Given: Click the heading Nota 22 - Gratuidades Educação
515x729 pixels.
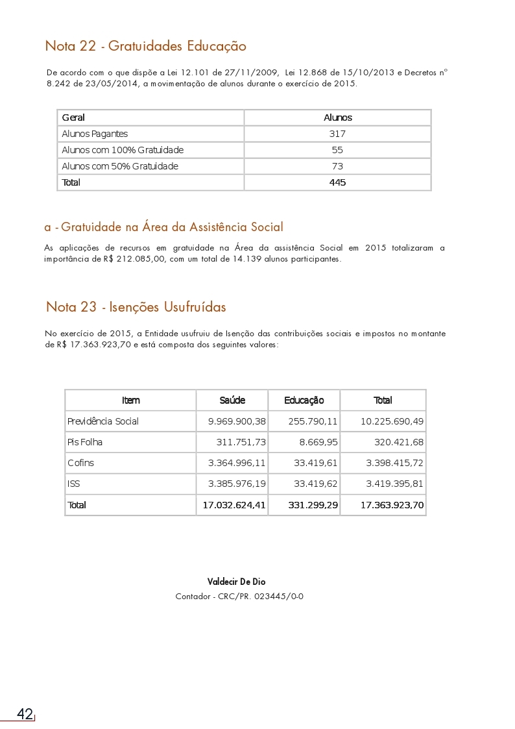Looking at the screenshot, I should [145, 46].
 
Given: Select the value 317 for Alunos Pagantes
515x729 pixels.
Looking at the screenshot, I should [337, 134].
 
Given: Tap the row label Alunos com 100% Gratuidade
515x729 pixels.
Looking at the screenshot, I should [123, 150].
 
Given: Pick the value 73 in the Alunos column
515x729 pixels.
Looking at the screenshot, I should [337, 166].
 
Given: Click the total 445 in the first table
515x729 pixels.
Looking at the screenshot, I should [337, 182].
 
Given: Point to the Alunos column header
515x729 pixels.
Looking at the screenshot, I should [337, 117].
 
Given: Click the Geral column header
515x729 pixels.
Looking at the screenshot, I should [73, 117].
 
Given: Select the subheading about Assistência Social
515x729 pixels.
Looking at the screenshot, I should [163, 227].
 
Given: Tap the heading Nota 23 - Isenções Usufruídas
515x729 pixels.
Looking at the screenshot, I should [136, 306].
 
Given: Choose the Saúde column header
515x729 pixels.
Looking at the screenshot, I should [232, 400].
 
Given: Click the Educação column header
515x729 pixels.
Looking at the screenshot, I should [304, 400].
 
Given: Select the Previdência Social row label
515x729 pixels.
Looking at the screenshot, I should [103, 421].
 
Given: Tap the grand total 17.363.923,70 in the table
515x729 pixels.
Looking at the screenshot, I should [392, 504].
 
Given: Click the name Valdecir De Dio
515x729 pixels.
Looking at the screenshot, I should [236, 582].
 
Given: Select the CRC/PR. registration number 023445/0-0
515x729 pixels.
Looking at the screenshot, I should [280, 596].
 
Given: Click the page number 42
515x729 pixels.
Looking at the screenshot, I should [25, 714].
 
